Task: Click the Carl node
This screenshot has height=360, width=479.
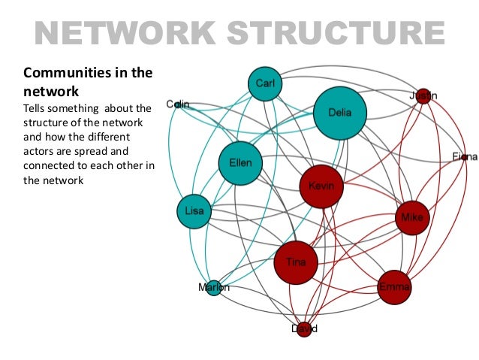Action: click(x=264, y=86)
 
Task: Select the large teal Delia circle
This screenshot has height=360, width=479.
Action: click(x=341, y=113)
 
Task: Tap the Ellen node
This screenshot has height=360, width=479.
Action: click(x=240, y=163)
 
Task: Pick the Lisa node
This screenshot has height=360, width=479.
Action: click(x=194, y=211)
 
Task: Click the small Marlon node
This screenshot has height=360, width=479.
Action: click(x=213, y=287)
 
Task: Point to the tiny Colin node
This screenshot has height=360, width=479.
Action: click(x=178, y=104)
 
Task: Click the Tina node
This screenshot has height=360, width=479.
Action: click(x=296, y=262)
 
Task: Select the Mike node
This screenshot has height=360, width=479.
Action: click(x=412, y=217)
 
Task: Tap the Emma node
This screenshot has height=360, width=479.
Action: click(x=394, y=286)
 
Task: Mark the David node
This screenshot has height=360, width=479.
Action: click(x=304, y=329)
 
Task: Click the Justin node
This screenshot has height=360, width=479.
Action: click(x=424, y=95)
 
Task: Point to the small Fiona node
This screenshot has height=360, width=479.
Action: click(x=465, y=157)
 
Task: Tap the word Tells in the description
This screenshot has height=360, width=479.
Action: click(x=38, y=110)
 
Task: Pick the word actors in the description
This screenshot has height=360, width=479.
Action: click(x=41, y=151)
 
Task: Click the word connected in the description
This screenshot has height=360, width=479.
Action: click(x=53, y=165)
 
